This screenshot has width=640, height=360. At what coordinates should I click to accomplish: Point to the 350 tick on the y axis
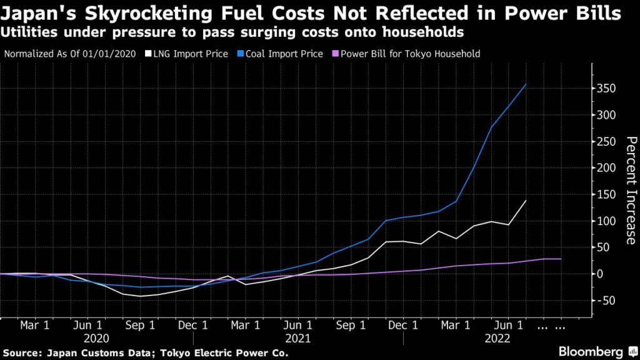[604, 89]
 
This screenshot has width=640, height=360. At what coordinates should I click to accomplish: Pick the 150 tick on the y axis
[604, 195]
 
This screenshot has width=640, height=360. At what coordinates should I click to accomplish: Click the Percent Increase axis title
[631, 190]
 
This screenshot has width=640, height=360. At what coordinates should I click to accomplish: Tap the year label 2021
[297, 337]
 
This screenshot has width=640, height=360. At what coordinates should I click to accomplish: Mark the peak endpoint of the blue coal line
[526, 84]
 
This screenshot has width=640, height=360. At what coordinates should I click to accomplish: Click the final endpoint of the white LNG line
[526, 201]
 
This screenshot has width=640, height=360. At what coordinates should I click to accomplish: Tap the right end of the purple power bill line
[561, 259]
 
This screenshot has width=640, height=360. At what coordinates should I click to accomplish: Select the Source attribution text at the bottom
[146, 352]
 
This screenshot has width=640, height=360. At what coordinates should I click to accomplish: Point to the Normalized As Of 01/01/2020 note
[72, 54]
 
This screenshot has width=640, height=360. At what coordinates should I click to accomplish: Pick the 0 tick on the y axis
[600, 274]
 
